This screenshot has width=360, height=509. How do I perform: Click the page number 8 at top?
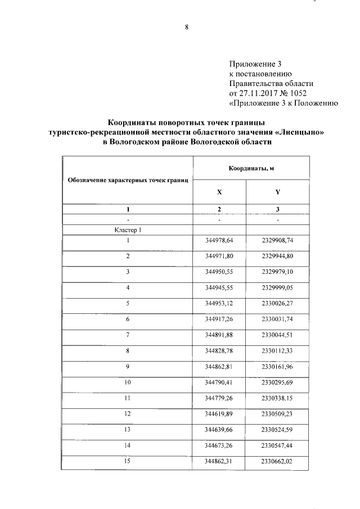point(186,26)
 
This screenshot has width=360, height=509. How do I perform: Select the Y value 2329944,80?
point(278,256)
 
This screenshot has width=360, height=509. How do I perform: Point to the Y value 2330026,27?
point(278,304)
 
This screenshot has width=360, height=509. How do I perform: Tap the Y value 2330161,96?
point(278,367)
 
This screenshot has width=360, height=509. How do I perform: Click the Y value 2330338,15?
point(278,398)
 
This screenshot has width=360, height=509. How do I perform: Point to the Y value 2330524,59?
point(278,430)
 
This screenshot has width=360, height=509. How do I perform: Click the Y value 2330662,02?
point(278,461)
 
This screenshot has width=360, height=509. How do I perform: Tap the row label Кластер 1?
point(128,230)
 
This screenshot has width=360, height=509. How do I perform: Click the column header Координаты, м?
point(251,169)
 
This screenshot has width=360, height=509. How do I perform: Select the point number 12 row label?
point(128,414)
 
